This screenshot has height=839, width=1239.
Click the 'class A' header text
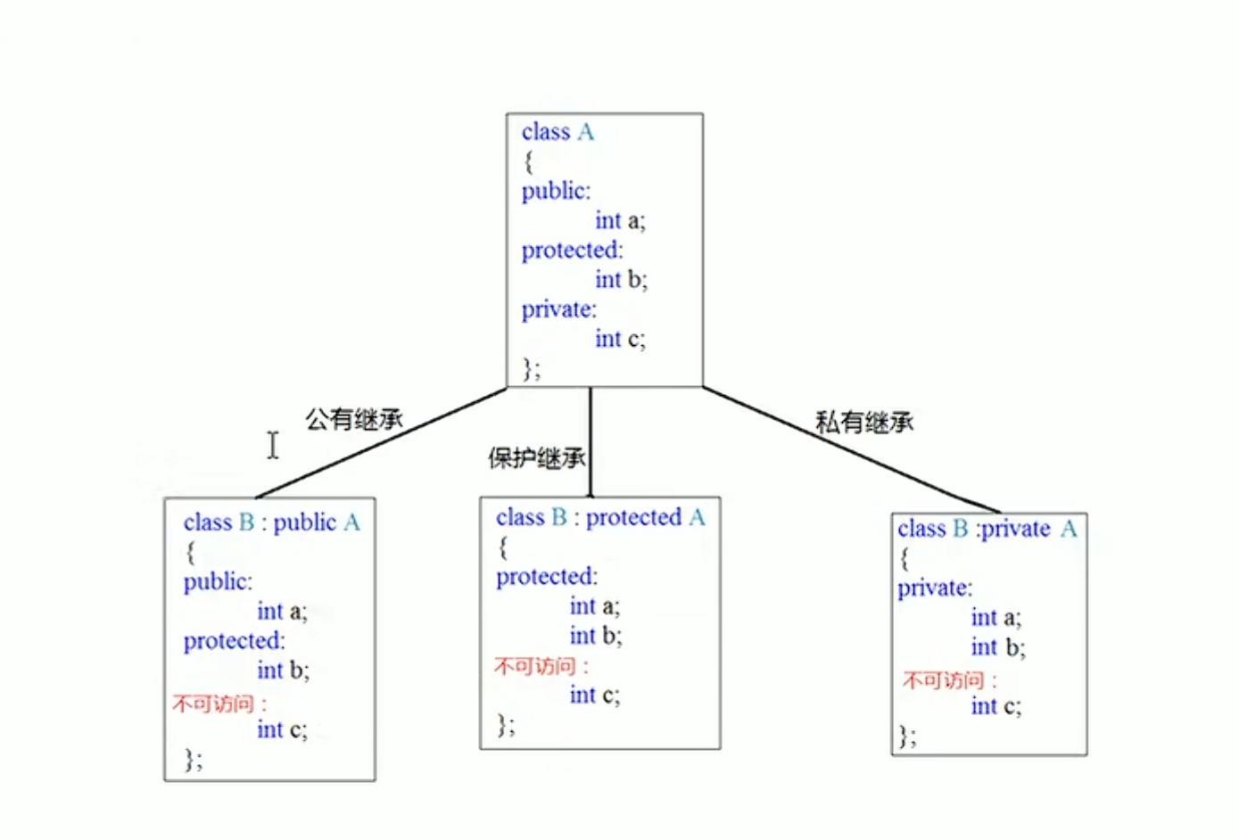coord(558,133)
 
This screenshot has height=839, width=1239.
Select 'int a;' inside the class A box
coord(620,220)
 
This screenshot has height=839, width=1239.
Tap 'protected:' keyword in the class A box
coord(572,251)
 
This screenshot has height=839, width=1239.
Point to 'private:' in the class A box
coord(558,309)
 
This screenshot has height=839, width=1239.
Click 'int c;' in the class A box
coord(620,339)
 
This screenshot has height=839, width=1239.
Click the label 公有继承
coord(354,419)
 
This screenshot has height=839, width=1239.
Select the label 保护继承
coord(536,458)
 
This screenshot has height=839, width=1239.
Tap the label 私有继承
coord(863,422)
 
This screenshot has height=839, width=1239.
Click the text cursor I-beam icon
coord(273,445)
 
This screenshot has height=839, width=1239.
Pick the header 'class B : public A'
coord(271,522)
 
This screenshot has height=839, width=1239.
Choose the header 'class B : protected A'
coord(599,518)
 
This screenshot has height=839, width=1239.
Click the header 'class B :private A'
coord(987,530)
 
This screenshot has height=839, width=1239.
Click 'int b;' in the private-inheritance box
coord(997,647)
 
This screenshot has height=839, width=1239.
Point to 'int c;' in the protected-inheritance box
coord(594,695)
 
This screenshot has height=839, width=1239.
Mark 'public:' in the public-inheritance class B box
coord(218,582)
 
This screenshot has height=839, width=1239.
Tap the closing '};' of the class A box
coord(531,368)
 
